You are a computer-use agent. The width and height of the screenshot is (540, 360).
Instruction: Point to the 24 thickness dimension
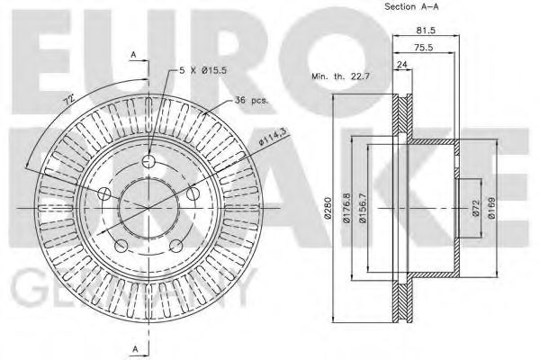click(401, 64)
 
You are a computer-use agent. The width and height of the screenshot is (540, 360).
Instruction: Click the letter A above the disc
click(133, 55)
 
